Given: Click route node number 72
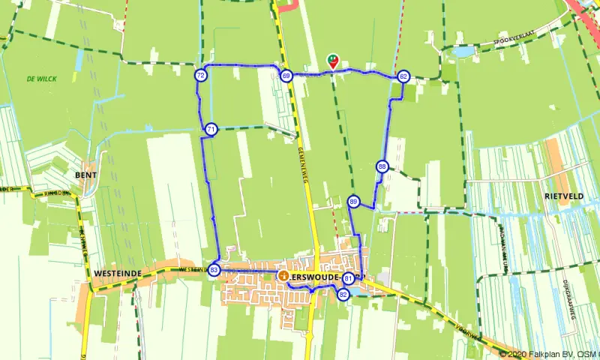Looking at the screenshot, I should (200, 76).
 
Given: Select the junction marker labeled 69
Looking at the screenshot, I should (286, 76).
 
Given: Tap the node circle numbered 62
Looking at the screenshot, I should (403, 76).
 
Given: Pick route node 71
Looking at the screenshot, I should (211, 130).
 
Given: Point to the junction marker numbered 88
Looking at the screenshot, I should (382, 166).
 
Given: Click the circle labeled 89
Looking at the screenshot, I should (354, 201).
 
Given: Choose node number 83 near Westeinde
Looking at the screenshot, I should (214, 270).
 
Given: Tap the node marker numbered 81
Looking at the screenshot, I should (349, 279).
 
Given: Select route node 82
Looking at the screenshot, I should (343, 295).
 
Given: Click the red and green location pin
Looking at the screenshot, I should (333, 61).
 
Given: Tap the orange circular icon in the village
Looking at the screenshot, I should (283, 276).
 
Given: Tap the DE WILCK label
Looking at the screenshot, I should (41, 79).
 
